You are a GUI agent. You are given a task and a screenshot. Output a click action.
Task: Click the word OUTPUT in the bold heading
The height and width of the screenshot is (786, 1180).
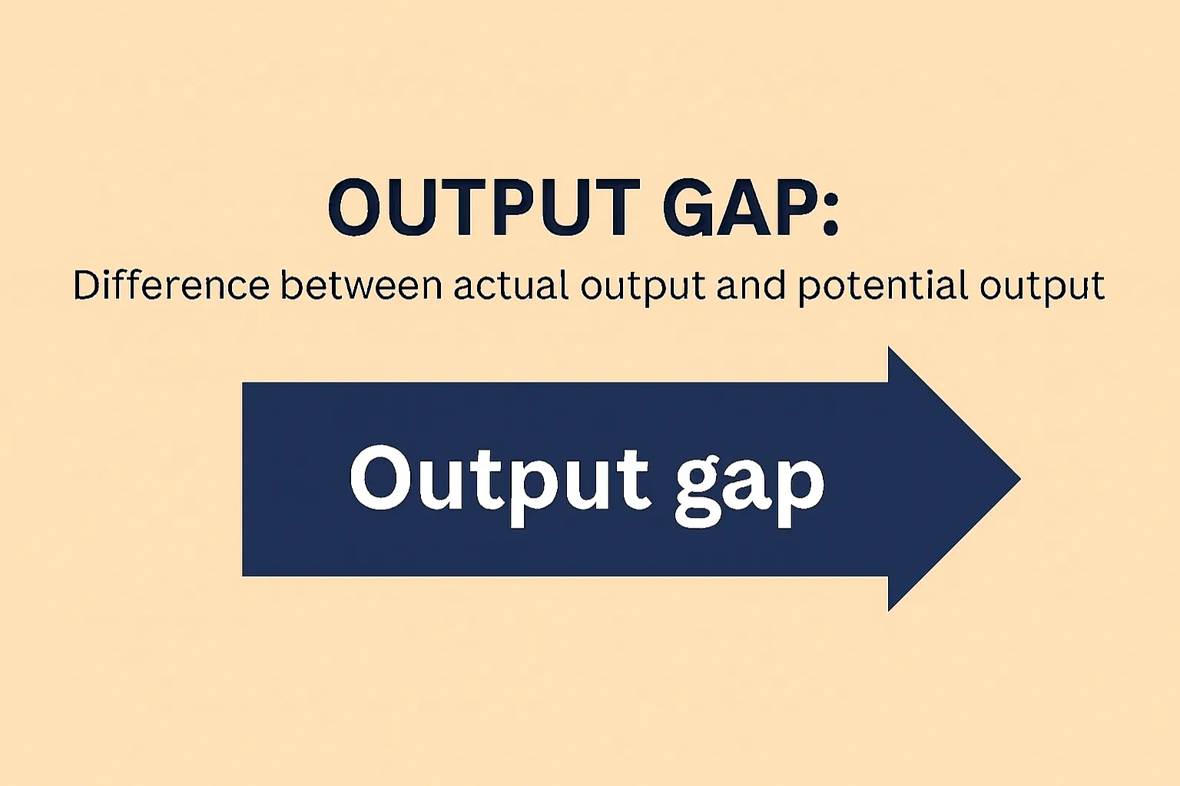tap(484, 207)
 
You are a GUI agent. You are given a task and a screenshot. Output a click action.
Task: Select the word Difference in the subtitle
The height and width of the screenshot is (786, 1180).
tap(171, 285)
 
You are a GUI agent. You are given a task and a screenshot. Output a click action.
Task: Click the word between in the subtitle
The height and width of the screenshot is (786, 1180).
tap(361, 285)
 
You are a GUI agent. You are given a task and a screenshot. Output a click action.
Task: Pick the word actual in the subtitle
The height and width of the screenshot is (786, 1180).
tap(511, 285)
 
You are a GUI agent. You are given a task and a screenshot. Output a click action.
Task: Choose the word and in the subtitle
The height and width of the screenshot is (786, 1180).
tap(751, 285)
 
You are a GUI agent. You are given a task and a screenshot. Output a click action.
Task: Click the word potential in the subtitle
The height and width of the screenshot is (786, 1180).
tap(883, 287)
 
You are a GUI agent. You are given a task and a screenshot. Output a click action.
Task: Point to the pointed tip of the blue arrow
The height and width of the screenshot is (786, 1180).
tap(1018, 479)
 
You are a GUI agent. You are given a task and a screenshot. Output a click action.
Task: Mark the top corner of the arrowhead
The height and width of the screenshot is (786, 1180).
tap(890, 349)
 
